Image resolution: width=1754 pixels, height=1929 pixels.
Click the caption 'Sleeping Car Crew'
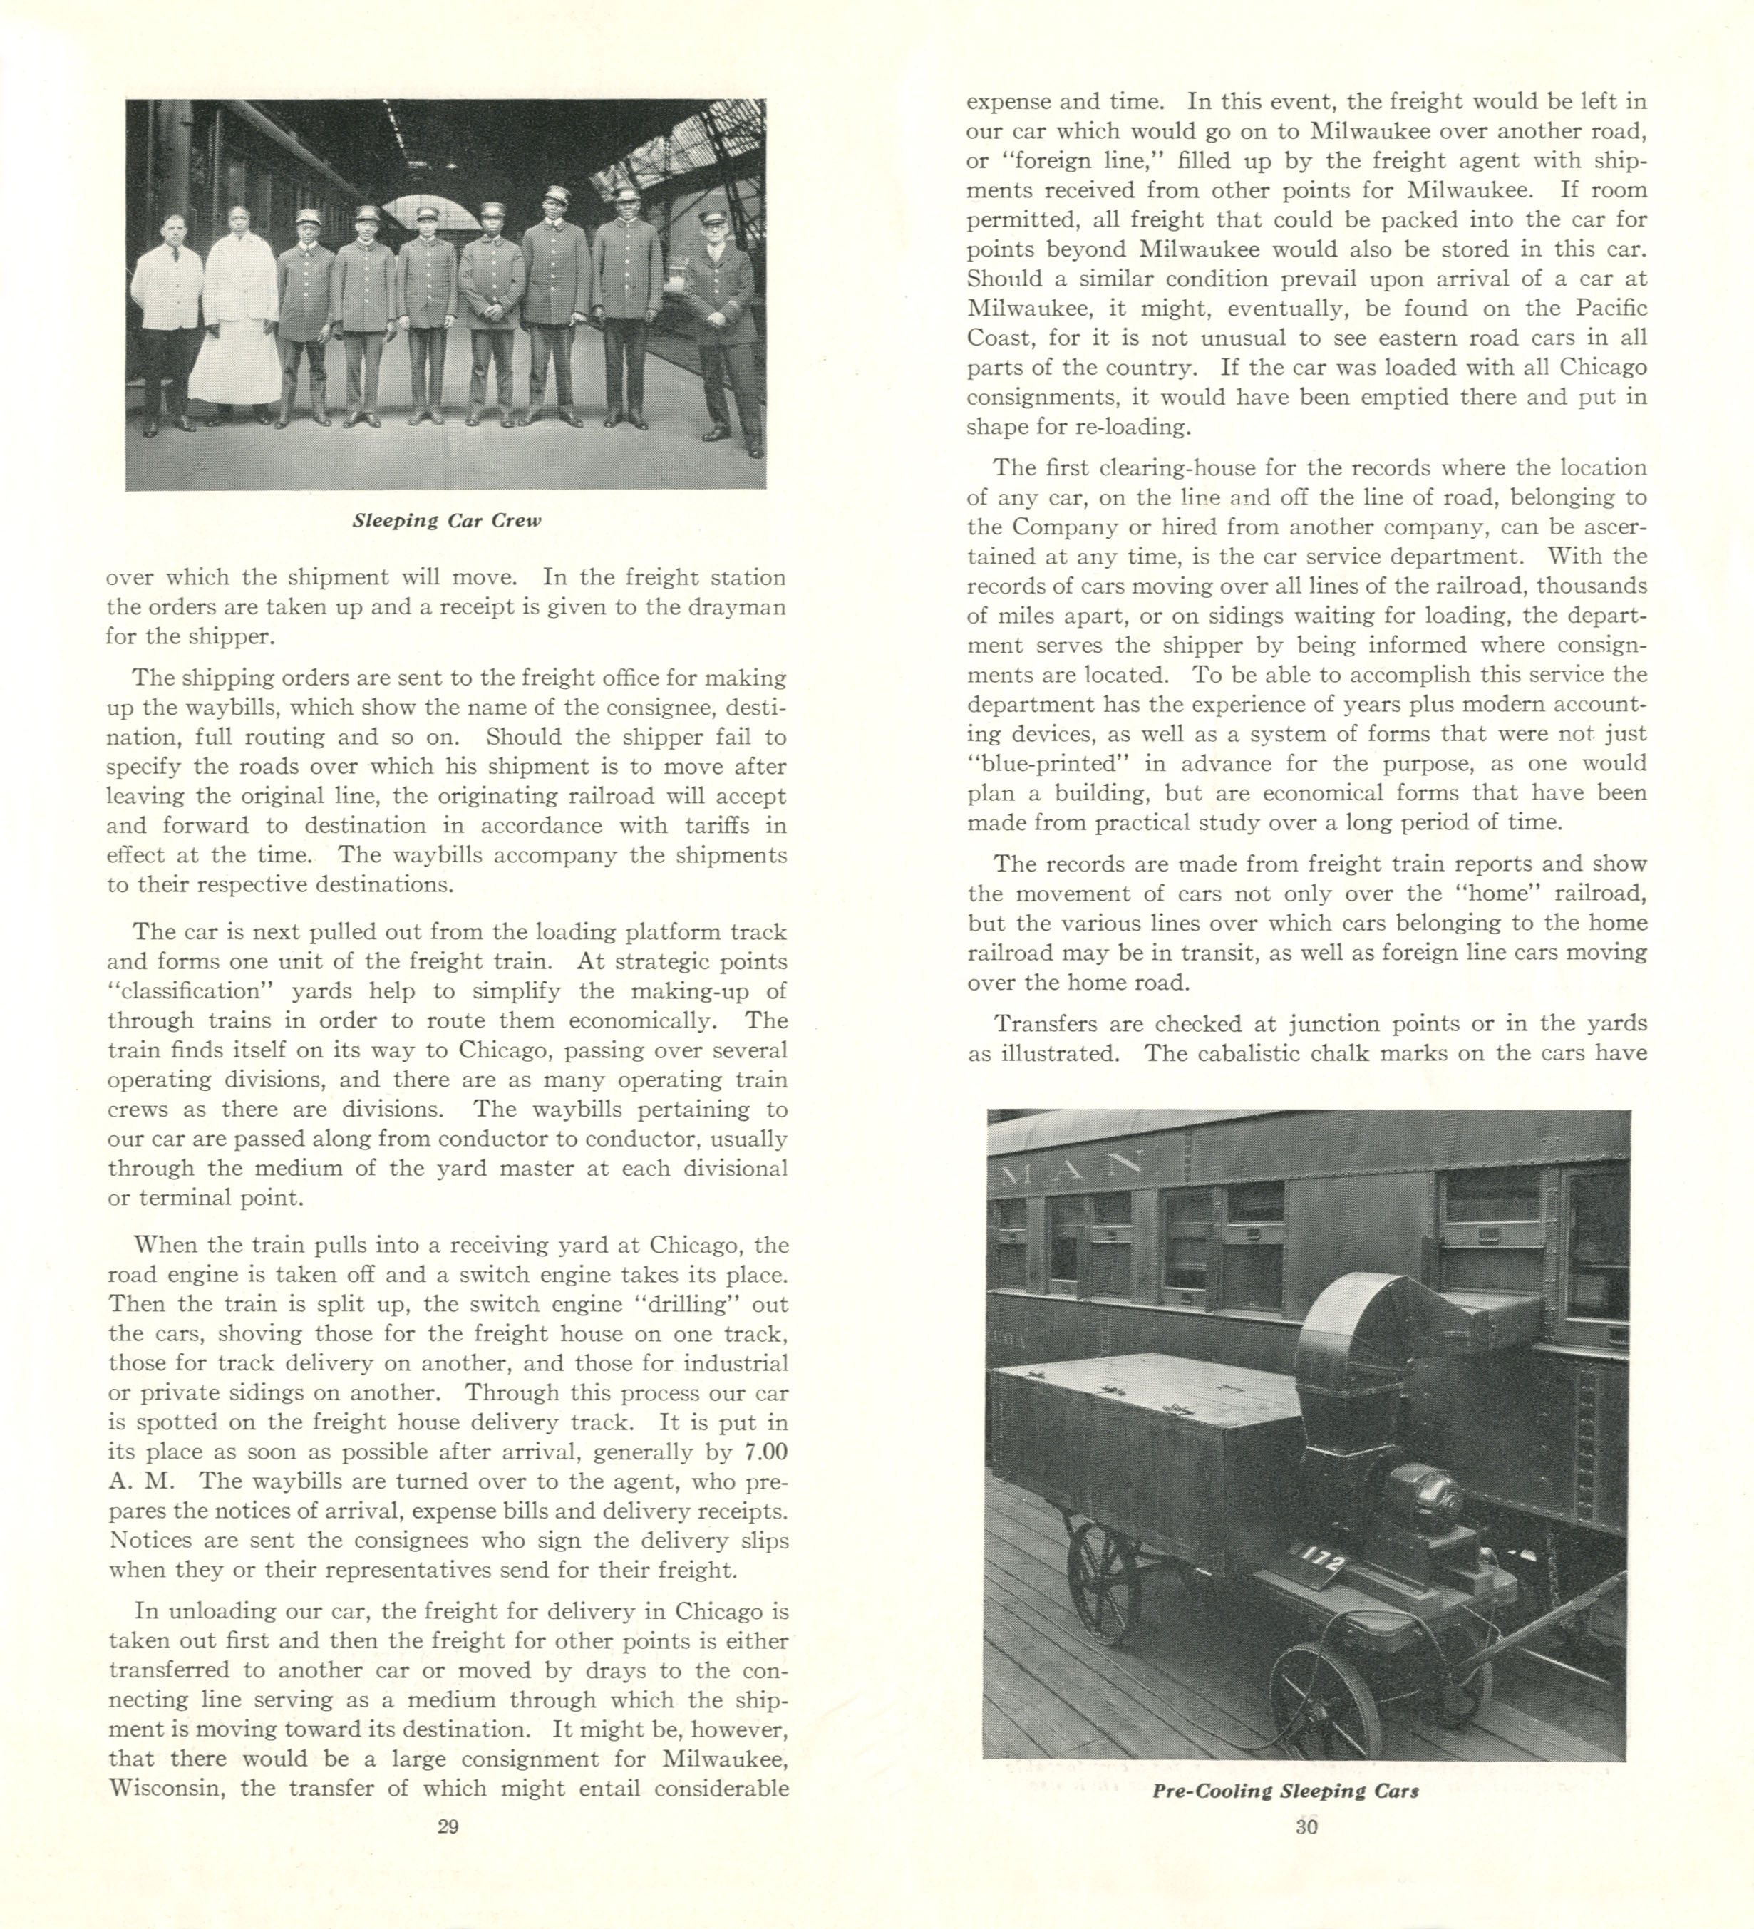pyautogui.click(x=447, y=522)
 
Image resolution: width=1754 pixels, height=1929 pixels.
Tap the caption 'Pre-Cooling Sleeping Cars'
pyautogui.click(x=1285, y=1791)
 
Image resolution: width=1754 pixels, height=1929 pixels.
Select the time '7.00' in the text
pyautogui.click(x=765, y=1452)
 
